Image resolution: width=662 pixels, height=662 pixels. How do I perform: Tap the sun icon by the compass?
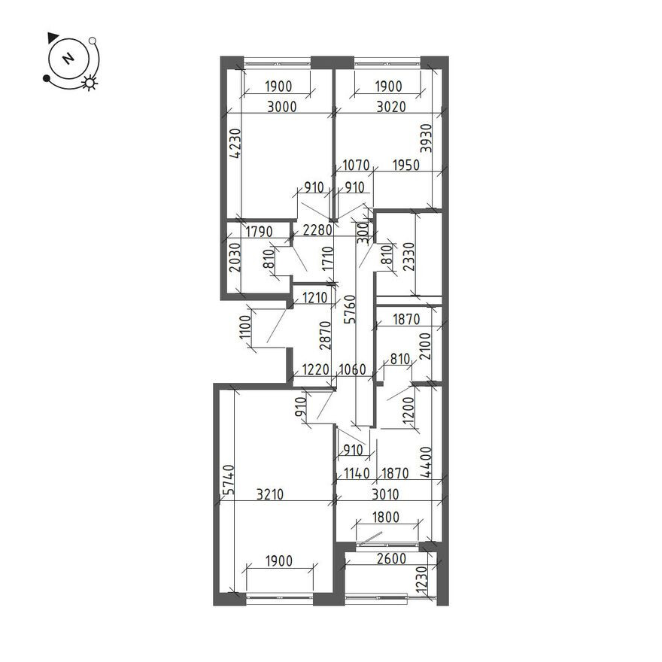point(90,83)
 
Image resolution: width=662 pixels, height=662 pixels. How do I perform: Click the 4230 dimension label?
point(237,143)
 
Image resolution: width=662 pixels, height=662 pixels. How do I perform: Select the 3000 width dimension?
point(282,107)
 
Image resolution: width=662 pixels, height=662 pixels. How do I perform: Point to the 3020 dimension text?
point(391,107)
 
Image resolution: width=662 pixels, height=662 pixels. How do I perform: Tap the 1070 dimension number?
point(356,165)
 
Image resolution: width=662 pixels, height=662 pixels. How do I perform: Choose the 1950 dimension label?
point(405,165)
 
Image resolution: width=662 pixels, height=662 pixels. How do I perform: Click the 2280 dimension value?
point(318,230)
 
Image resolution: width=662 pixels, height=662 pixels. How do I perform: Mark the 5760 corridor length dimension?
point(350,309)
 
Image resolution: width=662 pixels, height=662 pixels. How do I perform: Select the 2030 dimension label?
point(235,257)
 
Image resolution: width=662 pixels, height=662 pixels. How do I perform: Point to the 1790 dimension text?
point(260,232)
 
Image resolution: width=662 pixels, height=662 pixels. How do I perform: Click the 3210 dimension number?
point(270,494)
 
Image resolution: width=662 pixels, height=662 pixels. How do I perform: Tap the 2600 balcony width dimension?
point(391,558)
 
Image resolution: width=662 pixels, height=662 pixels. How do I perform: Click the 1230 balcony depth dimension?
point(421,580)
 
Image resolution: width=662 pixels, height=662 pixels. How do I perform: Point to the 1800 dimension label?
point(385,517)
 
